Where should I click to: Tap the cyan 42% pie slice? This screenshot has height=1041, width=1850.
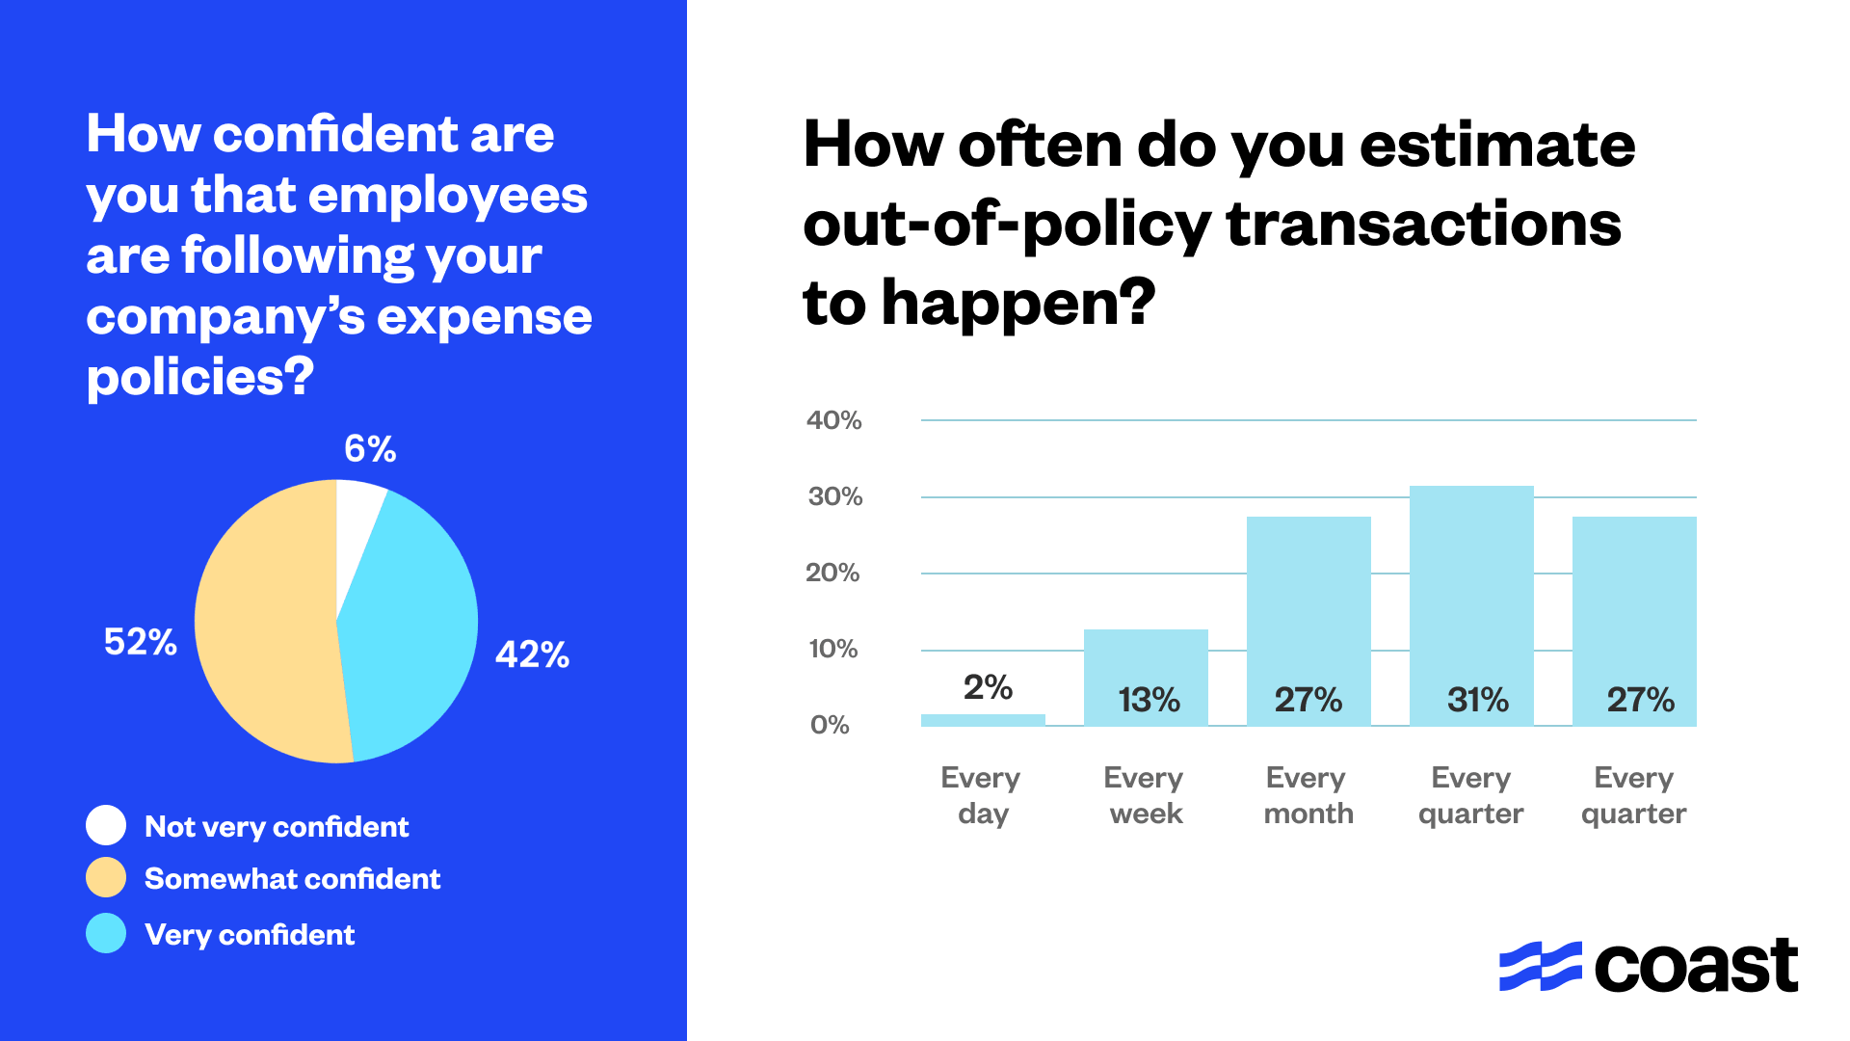(414, 636)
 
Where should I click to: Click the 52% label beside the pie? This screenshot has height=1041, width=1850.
(141, 642)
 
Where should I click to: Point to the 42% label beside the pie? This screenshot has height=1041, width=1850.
(532, 655)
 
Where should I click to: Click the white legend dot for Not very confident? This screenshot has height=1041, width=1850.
(106, 825)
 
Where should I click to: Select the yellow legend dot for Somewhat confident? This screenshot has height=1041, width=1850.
(106, 877)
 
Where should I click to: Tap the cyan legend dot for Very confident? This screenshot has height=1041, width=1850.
(106, 933)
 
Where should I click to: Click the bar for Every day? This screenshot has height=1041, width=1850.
(983, 720)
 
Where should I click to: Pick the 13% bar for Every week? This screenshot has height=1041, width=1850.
(1146, 665)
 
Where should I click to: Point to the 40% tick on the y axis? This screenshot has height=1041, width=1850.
(834, 420)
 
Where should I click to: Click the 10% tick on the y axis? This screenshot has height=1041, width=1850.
(833, 649)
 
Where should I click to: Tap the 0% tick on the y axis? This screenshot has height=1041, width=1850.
(830, 725)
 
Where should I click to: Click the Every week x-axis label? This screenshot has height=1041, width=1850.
(1145, 795)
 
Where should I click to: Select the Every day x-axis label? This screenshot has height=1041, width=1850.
(982, 795)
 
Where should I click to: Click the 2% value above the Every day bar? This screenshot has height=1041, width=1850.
(988, 687)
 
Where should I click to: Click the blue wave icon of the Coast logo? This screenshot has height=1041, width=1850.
(1540, 966)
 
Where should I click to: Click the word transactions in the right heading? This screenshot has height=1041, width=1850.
(1423, 225)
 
